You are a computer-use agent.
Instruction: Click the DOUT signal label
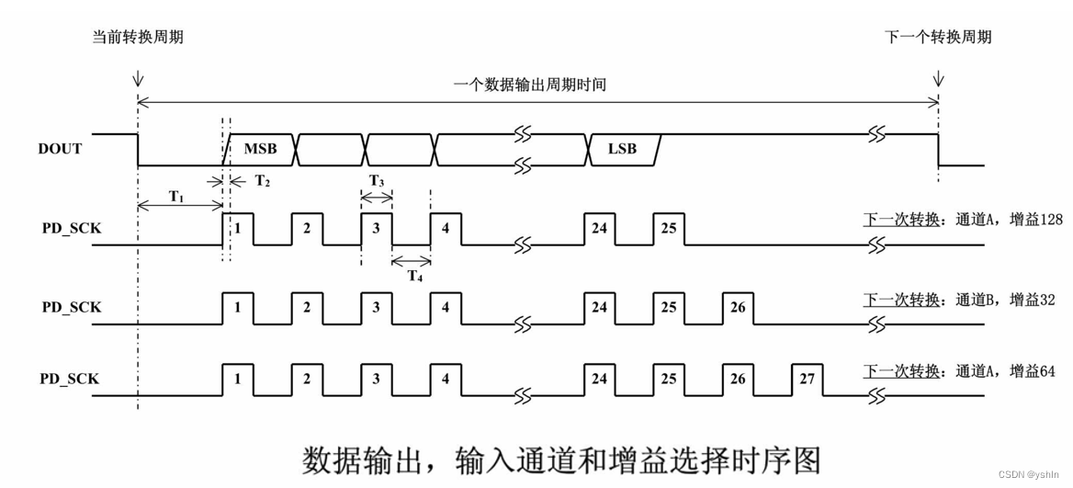tap(60, 149)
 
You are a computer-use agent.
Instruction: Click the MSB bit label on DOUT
tap(260, 148)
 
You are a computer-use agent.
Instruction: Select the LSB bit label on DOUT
tap(622, 148)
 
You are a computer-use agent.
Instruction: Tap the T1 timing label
tap(176, 196)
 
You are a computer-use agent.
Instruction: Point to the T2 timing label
tap(262, 182)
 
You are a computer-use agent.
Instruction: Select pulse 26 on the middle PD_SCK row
tap(738, 307)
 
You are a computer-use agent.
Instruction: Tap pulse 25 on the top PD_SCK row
tap(669, 228)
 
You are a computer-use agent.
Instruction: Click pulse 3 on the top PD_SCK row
tap(377, 228)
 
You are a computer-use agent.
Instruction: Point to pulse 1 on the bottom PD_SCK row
tap(237, 379)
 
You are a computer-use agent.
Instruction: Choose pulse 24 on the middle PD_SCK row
tap(599, 307)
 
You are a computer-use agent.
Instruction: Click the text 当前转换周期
tap(143, 37)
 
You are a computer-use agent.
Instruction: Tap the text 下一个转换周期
tap(938, 37)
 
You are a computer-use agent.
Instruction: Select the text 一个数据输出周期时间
tap(530, 85)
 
